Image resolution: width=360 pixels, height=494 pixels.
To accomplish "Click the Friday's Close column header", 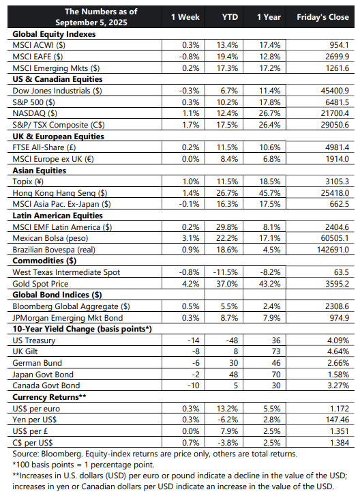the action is (x=322, y=17).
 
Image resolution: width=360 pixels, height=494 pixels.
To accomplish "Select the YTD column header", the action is (x=230, y=17).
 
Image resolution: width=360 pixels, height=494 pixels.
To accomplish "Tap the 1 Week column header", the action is (x=185, y=17).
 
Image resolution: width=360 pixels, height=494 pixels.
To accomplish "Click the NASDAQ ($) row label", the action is (x=35, y=113).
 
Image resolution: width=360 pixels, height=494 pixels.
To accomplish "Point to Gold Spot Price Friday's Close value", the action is (x=337, y=284).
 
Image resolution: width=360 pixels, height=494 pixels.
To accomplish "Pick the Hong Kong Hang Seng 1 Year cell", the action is (x=269, y=193).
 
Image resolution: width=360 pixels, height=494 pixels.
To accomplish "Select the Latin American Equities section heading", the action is (x=57, y=216).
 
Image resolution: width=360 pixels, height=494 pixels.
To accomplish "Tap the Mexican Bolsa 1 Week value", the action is (x=191, y=238).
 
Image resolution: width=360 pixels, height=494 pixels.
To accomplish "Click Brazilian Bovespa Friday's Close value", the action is (x=333, y=250).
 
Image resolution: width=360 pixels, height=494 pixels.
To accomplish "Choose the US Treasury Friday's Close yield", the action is (x=338, y=340).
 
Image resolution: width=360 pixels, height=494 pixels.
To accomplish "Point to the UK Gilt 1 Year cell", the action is (x=276, y=351).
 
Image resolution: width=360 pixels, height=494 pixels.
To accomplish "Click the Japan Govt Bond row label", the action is (x=43, y=375).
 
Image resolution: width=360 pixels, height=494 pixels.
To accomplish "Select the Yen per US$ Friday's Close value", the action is (x=337, y=420).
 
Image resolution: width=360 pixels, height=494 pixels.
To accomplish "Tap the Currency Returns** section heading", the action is (x=49, y=397).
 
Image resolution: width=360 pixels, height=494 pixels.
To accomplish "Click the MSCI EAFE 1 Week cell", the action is (x=189, y=57).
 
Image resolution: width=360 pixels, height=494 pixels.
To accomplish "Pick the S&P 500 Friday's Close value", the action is (x=337, y=102).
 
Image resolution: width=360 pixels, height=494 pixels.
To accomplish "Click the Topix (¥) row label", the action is (x=28, y=181).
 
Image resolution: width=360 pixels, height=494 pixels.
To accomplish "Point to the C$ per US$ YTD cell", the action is (x=228, y=443).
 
